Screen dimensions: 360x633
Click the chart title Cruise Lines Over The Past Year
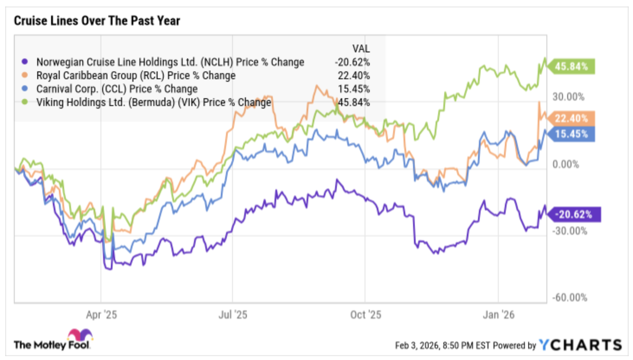click(x=97, y=20)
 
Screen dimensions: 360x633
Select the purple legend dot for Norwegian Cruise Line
click(x=25, y=62)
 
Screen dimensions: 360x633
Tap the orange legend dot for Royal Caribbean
click(x=25, y=75)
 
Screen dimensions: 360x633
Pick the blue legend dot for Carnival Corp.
click(x=25, y=89)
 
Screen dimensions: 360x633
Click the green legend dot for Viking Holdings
click(x=25, y=102)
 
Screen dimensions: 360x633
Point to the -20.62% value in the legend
click(x=352, y=62)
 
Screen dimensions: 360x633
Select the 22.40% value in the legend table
click(x=354, y=75)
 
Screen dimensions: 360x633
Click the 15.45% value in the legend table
click(x=354, y=89)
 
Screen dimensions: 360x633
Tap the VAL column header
click(x=361, y=48)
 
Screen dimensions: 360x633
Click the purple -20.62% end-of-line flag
click(x=574, y=215)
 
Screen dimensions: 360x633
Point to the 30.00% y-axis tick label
click(x=568, y=97)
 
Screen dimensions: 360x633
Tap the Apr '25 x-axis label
click(x=101, y=315)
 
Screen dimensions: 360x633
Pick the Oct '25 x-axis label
click(x=365, y=315)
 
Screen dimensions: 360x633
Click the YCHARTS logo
click(x=580, y=345)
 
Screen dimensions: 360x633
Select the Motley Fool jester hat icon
click(x=80, y=335)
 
